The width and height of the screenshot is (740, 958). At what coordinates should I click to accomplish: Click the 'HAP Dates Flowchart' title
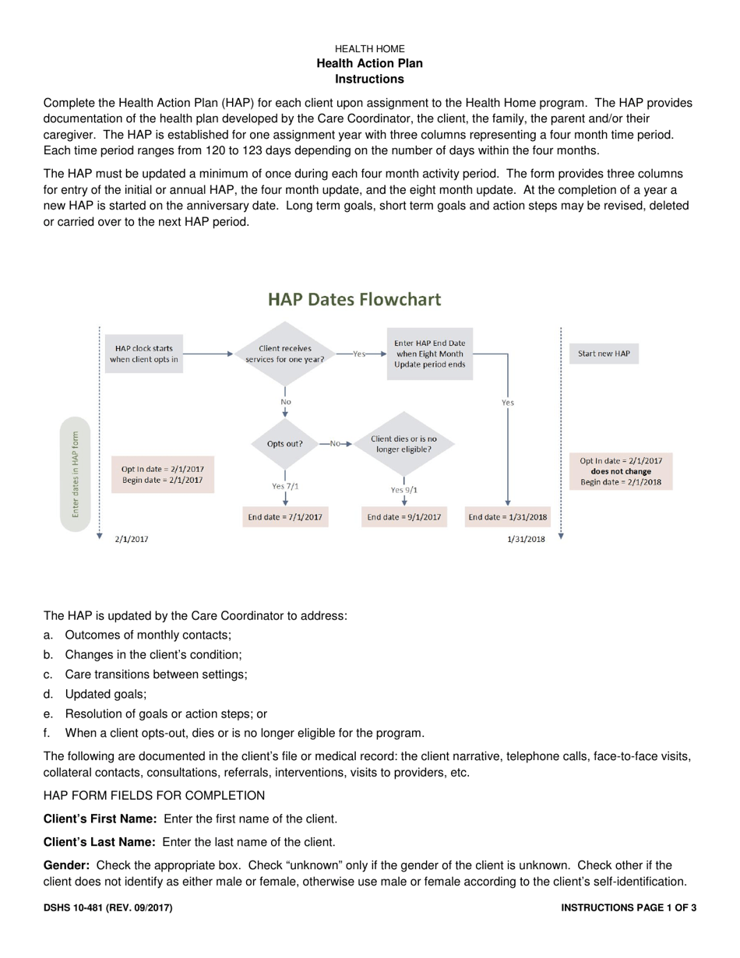[x=354, y=300]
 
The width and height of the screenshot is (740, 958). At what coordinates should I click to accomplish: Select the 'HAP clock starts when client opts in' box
[x=143, y=354]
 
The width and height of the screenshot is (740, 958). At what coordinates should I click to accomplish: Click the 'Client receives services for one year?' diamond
[x=285, y=354]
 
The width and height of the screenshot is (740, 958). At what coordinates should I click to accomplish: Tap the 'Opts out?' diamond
[x=285, y=443]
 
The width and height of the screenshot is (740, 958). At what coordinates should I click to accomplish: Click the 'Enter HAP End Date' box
[x=430, y=354]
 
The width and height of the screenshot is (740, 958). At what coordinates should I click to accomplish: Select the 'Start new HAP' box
[x=604, y=354]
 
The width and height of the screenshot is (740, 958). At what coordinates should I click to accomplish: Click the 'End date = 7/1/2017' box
[x=285, y=516]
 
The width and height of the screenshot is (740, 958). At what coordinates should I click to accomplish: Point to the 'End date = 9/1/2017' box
[x=404, y=516]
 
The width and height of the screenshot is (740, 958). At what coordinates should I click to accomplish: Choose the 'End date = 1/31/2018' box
[x=507, y=516]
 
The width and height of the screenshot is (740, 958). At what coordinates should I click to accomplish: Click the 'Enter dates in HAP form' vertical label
[x=76, y=474]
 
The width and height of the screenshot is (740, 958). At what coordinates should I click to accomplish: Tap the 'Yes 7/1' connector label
[x=285, y=486]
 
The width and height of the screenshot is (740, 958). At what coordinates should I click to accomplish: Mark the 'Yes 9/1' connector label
[x=403, y=490]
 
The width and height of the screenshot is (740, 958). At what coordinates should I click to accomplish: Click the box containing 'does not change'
[x=621, y=471]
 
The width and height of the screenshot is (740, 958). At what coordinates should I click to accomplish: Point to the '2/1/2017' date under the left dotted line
[x=132, y=538]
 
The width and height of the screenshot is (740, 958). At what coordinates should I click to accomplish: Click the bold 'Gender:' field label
[x=67, y=865]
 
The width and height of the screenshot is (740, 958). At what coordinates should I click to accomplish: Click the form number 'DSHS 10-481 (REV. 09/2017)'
[x=107, y=907]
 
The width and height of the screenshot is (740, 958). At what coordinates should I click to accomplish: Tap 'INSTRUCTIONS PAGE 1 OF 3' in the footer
[x=628, y=907]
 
